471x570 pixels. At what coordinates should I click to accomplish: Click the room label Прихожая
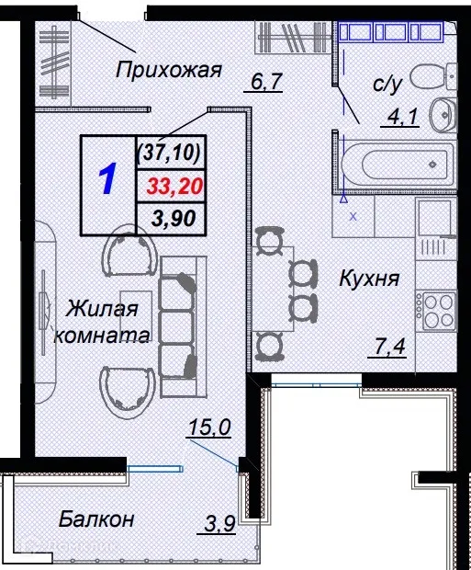(169, 69)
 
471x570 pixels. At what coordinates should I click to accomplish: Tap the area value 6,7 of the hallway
(265, 83)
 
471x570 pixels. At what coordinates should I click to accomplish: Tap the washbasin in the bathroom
(443, 114)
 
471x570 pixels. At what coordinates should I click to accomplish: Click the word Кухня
(368, 277)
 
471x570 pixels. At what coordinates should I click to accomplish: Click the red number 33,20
(174, 185)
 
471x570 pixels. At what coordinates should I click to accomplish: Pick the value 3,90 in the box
(171, 218)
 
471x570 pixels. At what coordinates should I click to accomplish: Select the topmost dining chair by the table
(268, 242)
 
